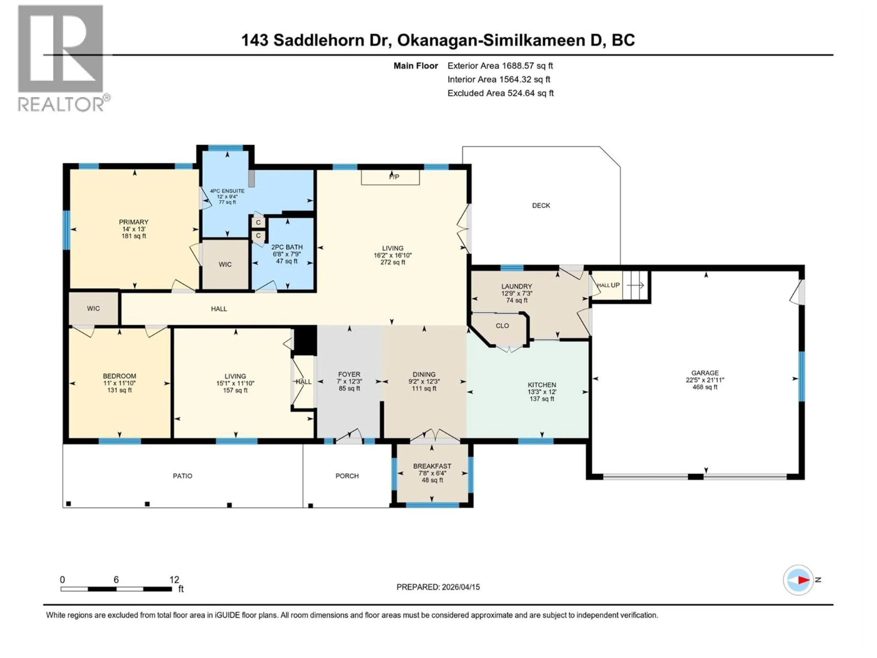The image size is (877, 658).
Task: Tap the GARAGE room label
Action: (x=705, y=373)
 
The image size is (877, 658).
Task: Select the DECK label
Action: (x=541, y=205)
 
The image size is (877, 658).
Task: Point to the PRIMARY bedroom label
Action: (x=134, y=222)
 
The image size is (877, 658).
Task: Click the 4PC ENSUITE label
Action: (x=227, y=191)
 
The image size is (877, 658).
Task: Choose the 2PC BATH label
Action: (x=287, y=247)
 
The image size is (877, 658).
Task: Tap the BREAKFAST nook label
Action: (x=432, y=466)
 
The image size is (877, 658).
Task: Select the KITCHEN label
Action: (x=542, y=385)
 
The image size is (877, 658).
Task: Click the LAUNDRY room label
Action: (x=516, y=286)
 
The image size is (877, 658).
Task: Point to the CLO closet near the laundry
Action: (x=502, y=326)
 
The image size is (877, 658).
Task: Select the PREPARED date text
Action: (x=438, y=587)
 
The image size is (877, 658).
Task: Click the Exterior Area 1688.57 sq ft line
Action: (x=499, y=66)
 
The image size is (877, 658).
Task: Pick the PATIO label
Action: (x=182, y=475)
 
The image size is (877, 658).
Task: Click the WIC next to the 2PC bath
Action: (x=225, y=265)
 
